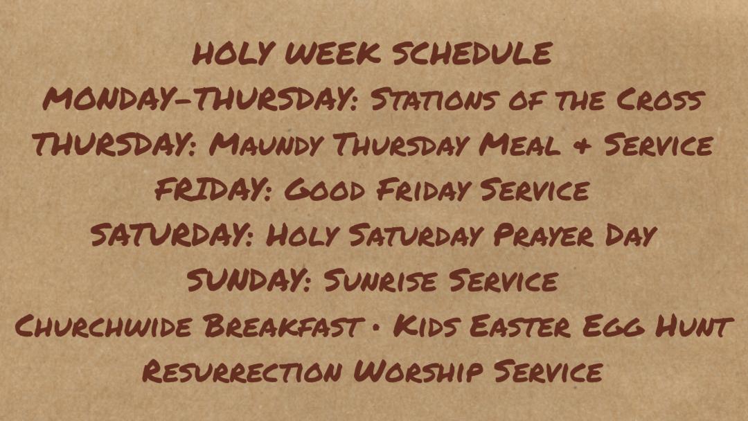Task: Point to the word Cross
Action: (660, 100)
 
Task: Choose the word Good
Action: (324, 190)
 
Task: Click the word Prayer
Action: (544, 235)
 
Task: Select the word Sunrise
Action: (380, 281)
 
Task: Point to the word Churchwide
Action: (103, 327)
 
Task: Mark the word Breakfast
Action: (282, 327)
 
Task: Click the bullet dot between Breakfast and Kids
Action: (376, 328)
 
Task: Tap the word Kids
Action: (425, 327)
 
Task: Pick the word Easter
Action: (519, 327)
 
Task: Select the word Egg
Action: (612, 327)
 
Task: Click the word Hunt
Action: (693, 327)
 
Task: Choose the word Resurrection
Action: (242, 371)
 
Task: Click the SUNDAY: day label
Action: (249, 281)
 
